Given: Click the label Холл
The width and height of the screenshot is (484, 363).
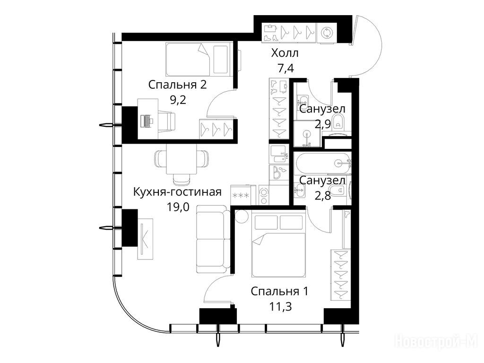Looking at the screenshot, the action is [285, 53].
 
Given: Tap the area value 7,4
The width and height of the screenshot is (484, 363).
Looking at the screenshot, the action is [286, 68].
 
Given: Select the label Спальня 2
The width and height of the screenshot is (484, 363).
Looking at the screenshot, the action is [177, 85].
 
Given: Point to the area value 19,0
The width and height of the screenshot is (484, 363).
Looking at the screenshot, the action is [178, 207].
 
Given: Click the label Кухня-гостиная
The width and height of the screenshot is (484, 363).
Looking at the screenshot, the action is [177, 192].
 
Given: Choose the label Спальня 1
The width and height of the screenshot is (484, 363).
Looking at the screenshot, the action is [279, 291].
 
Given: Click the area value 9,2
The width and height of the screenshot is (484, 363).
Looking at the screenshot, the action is [178, 100].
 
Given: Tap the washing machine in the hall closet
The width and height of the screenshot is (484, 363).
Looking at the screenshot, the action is [326, 33].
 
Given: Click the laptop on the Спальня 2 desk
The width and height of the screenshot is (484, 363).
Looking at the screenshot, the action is [147, 121].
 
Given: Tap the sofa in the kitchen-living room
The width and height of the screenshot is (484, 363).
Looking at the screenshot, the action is [213, 237].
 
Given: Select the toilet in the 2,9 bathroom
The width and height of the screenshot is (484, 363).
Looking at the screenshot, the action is [338, 122].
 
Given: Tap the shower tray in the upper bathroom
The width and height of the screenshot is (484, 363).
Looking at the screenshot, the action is [307, 133].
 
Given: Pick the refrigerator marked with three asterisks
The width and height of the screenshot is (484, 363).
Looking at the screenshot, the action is [243, 195].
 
